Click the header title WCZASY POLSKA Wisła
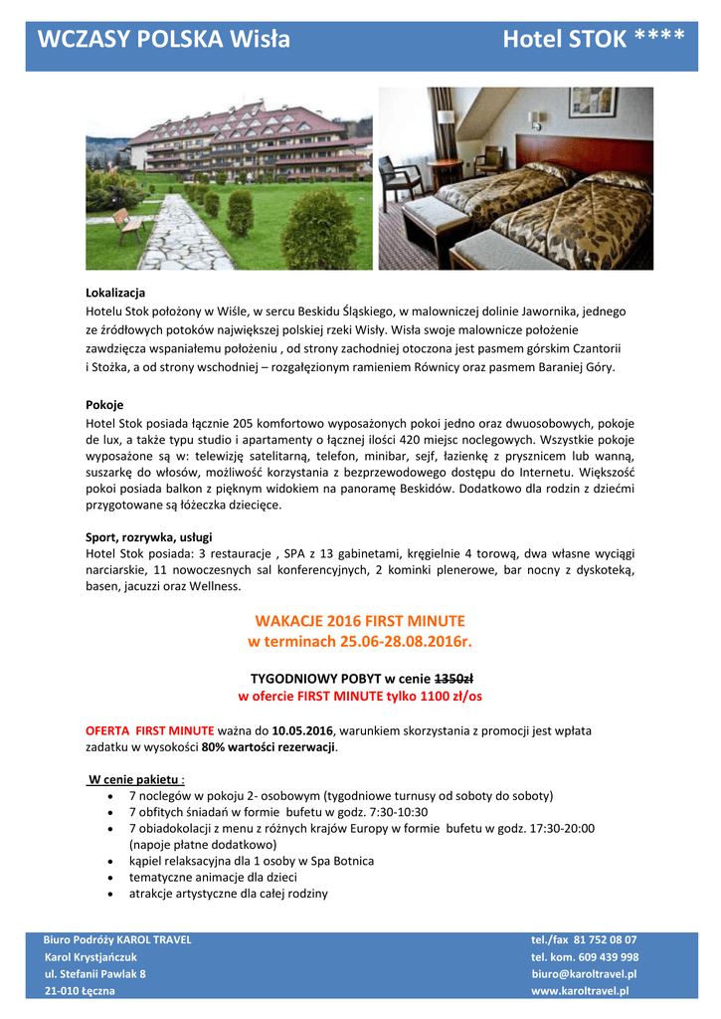click(164, 39)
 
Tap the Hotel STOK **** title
click(593, 39)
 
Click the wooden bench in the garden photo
click(125, 223)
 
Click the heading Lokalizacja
click(115, 293)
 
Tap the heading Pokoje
click(104, 405)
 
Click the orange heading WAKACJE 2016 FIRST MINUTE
click(360, 621)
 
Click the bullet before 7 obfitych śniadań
click(108, 813)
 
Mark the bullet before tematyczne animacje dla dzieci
click(108, 878)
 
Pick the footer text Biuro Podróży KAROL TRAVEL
click(117, 939)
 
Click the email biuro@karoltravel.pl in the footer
click(584, 974)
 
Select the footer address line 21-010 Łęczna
click(80, 991)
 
